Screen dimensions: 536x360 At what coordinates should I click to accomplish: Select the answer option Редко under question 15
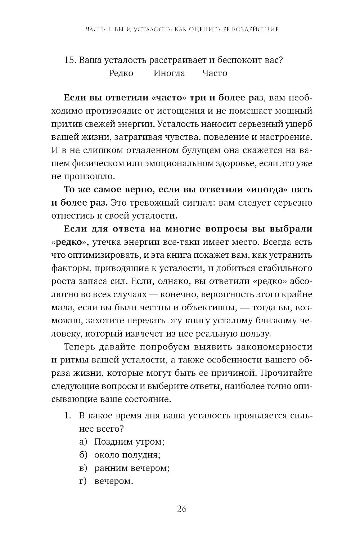click(x=121, y=73)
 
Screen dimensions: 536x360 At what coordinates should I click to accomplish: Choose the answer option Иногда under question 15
click(x=169, y=73)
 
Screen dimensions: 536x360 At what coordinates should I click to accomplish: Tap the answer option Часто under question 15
click(x=215, y=73)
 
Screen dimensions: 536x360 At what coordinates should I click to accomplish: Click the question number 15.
click(x=69, y=60)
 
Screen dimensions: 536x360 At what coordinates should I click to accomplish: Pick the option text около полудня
click(x=127, y=455)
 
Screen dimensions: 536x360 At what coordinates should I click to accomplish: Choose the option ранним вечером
click(x=132, y=468)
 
